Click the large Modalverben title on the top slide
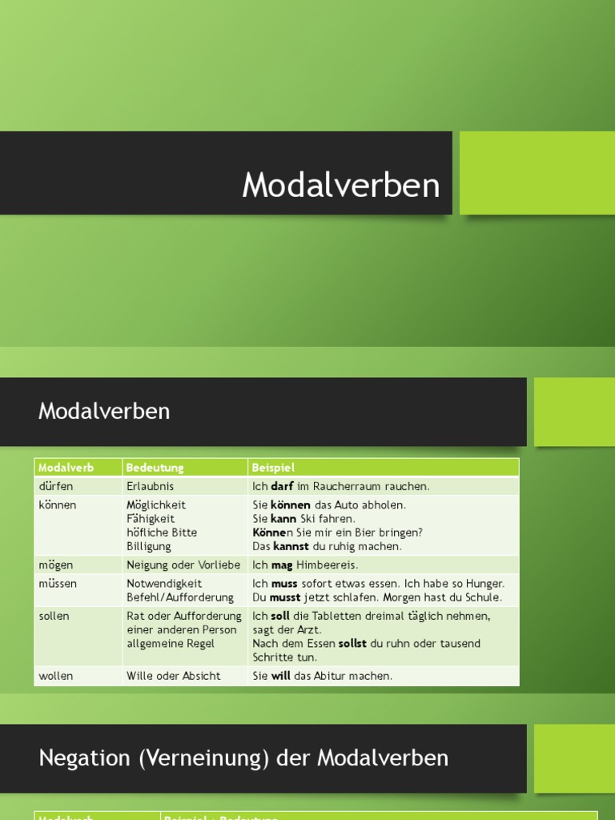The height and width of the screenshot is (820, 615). click(341, 186)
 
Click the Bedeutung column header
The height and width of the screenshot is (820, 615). click(155, 468)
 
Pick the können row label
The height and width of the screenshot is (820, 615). click(58, 505)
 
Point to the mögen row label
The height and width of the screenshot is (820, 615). click(55, 565)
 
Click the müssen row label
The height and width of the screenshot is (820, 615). click(58, 584)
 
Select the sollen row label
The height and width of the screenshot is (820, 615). click(54, 617)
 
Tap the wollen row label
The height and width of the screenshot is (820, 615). click(55, 676)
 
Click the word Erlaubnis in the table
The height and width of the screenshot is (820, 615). click(150, 486)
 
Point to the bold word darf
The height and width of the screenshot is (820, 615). click(282, 486)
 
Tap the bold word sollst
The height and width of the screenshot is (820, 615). click(352, 644)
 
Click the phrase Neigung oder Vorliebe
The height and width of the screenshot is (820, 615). click(183, 565)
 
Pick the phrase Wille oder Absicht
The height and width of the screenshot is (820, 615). click(173, 676)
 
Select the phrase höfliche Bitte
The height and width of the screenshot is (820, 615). click(162, 533)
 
